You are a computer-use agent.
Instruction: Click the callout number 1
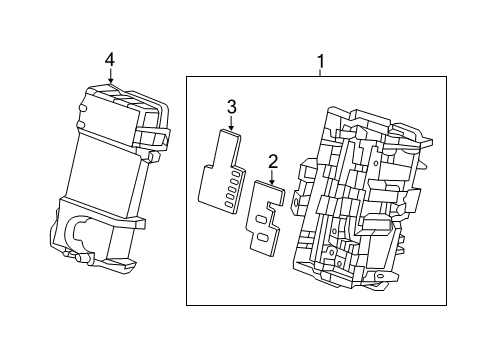click(320, 62)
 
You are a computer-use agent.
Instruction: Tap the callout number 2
click(271, 160)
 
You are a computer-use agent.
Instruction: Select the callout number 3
click(231, 106)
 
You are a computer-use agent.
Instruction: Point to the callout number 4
click(110, 60)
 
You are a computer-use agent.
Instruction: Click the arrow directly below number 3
click(231, 126)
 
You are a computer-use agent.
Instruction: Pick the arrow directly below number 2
click(271, 178)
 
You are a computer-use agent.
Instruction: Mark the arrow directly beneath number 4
click(110, 78)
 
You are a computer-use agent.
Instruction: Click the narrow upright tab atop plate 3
click(229, 146)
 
